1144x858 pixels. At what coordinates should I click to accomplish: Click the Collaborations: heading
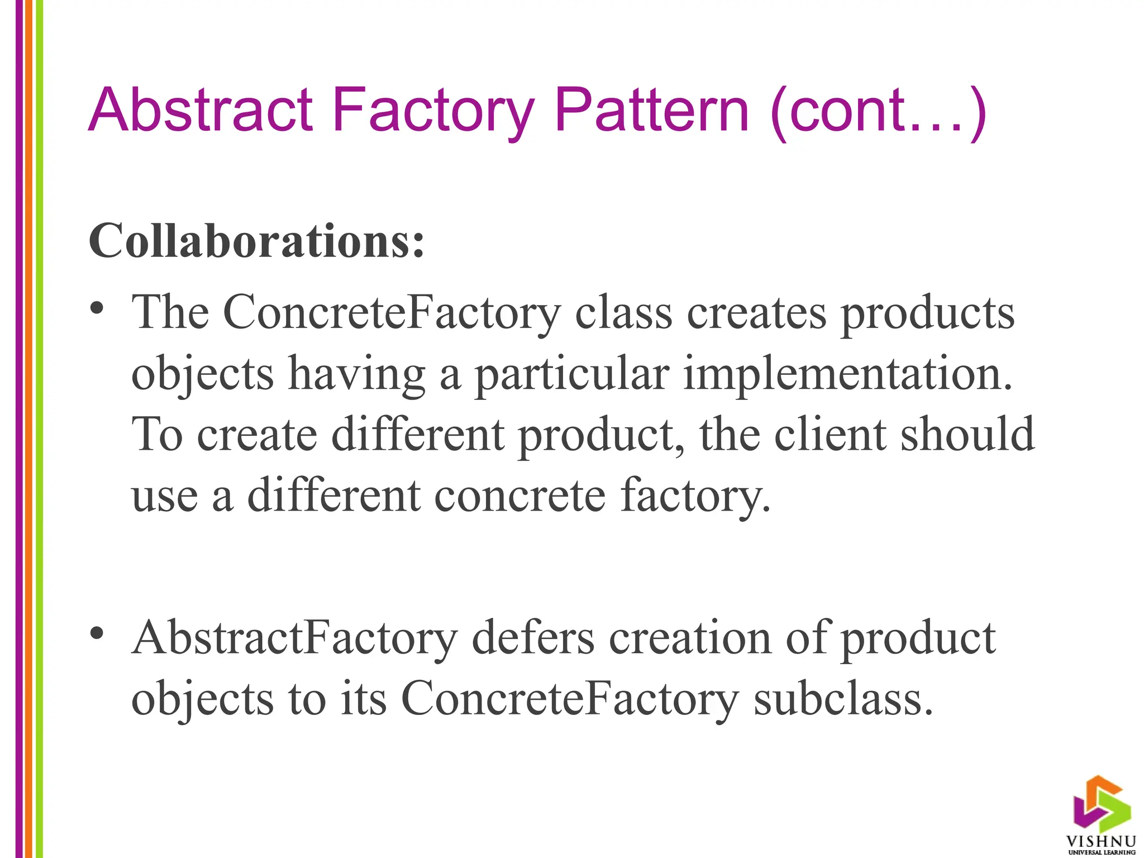click(256, 241)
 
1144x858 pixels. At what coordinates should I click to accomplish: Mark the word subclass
click(843, 699)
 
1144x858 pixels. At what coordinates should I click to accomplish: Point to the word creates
click(756, 313)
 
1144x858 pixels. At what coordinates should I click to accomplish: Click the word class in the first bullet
click(623, 313)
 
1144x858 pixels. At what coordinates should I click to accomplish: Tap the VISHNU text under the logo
click(1101, 841)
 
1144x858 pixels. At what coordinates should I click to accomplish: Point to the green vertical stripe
click(40, 429)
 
